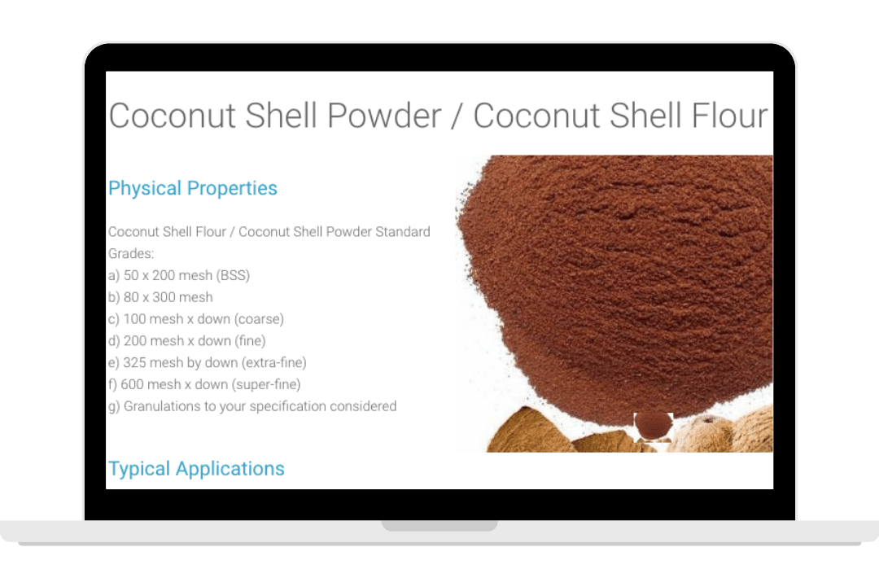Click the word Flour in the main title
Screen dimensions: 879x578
(729, 116)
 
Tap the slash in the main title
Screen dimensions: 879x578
(457, 116)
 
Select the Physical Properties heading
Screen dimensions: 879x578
(193, 188)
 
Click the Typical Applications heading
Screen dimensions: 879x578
(196, 469)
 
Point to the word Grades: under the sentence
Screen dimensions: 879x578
(131, 253)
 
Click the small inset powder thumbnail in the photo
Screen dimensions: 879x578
(653, 427)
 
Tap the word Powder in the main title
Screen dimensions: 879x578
(384, 116)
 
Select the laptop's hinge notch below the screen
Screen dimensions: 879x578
(439, 525)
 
